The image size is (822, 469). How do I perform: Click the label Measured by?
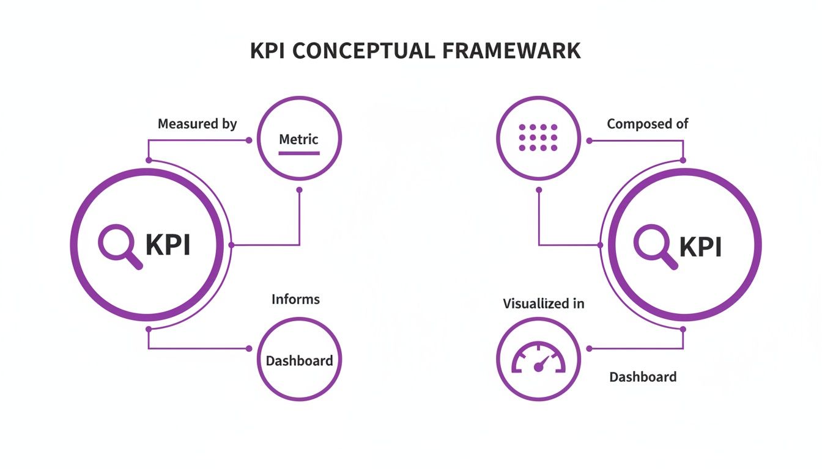click(197, 124)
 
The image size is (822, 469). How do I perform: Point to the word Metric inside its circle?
click(298, 139)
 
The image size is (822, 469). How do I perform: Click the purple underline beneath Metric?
click(298, 153)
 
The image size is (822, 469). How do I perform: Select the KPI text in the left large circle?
click(168, 245)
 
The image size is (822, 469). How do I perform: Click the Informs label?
click(295, 299)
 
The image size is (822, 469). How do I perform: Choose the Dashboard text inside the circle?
click(299, 360)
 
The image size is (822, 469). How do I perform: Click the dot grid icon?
click(538, 138)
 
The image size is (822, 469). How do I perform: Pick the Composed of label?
click(647, 124)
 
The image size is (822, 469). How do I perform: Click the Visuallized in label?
click(543, 304)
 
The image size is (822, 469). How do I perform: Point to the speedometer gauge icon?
click(538, 359)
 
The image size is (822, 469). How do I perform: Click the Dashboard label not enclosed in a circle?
click(643, 377)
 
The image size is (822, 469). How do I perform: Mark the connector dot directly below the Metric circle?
click(299, 189)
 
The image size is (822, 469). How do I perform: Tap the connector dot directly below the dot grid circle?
click(539, 189)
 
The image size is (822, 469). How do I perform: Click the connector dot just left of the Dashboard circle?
click(249, 349)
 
